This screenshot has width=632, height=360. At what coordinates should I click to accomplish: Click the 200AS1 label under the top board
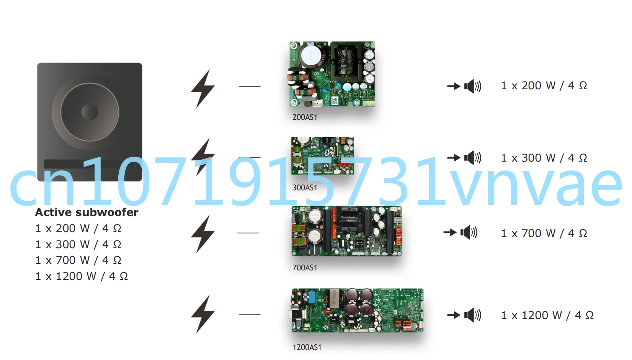click(305, 117)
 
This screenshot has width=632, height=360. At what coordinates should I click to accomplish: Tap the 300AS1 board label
click(305, 188)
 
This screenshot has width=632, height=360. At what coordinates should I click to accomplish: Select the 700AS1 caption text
click(305, 268)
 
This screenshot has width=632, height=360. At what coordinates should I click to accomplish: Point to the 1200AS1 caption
click(307, 347)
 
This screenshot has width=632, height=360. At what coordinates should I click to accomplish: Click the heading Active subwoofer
click(87, 212)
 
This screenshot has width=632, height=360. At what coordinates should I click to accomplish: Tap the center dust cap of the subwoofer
click(90, 112)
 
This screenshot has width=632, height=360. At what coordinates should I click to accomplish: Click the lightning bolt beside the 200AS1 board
click(203, 88)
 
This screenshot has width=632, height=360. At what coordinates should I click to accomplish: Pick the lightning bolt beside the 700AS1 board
click(203, 234)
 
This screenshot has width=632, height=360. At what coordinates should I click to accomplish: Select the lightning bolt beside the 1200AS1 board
click(203, 314)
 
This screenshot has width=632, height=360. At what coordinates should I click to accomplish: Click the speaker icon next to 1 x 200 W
click(472, 86)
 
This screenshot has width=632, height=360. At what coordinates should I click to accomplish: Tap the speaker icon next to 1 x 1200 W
click(472, 315)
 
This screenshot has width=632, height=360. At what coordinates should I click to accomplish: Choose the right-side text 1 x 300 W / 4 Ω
click(544, 158)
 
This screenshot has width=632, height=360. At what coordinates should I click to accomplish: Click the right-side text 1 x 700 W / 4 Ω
click(544, 233)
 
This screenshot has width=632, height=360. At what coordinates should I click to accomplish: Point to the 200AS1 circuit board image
click(332, 74)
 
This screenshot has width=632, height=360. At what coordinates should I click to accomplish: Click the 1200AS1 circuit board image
click(358, 310)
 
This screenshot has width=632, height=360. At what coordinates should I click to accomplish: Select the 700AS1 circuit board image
click(347, 231)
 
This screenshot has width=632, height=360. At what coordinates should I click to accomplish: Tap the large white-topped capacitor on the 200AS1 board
click(311, 56)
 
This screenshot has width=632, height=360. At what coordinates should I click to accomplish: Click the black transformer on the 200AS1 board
click(346, 61)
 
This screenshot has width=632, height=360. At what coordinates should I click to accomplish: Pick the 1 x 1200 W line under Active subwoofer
click(82, 276)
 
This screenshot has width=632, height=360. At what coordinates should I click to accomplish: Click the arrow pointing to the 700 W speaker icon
click(450, 232)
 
